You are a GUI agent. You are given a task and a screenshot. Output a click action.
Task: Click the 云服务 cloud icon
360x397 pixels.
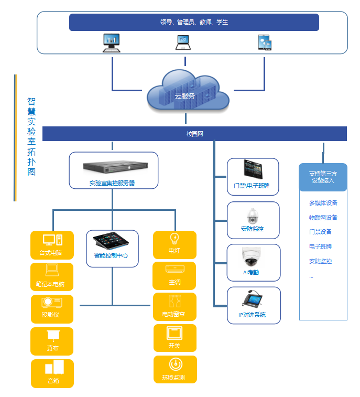click(x=188, y=93)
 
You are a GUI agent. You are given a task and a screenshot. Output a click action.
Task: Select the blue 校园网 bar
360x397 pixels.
click(x=194, y=134)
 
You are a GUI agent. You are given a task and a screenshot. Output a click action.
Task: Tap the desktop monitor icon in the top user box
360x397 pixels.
click(x=111, y=42)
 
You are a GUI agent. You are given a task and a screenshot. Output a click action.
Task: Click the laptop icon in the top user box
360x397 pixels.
click(x=183, y=42)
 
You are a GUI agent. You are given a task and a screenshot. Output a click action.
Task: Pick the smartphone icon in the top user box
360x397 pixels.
click(x=264, y=42)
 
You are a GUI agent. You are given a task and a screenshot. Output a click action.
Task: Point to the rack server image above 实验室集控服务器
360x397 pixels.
click(x=113, y=167)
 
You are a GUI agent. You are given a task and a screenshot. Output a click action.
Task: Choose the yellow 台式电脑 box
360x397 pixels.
click(x=52, y=245)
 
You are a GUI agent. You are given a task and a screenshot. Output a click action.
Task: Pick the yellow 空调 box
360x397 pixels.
click(x=174, y=276)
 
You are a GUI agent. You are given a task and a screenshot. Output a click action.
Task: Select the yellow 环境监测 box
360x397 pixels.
click(x=175, y=369)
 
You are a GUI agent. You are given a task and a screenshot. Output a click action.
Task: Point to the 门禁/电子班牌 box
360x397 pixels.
click(x=253, y=177)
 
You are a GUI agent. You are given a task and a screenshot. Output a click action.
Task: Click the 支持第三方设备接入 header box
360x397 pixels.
click(x=323, y=177)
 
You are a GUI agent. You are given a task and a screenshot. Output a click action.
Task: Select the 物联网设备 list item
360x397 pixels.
click(x=323, y=218)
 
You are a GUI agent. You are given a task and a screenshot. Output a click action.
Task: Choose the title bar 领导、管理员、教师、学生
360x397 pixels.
click(x=194, y=23)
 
